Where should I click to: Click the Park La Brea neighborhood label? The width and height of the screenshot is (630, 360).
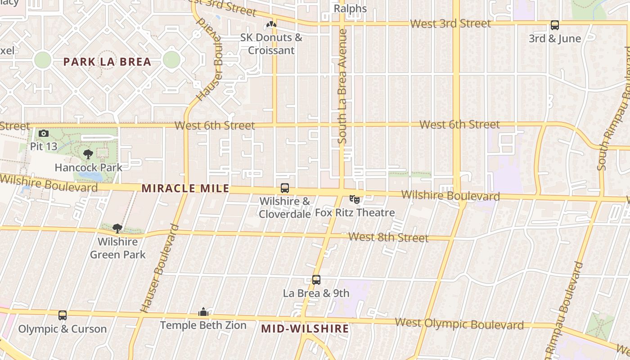tap(107, 62)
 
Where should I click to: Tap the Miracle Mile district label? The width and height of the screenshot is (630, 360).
tap(185, 189)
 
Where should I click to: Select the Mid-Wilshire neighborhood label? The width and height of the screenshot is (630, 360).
tap(305, 329)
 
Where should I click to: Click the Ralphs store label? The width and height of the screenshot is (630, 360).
tap(350, 9)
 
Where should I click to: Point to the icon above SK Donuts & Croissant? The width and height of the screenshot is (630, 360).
tap(271, 25)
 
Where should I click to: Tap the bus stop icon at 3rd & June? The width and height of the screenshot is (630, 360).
tap(555, 26)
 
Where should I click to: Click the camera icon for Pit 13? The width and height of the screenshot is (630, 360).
tap(44, 133)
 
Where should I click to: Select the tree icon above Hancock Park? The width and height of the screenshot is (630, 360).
tap(88, 154)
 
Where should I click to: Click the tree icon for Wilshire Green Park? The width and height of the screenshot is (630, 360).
tap(117, 229)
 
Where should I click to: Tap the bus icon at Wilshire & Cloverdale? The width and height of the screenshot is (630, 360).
tap(285, 188)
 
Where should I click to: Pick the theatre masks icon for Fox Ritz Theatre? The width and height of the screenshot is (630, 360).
tap(355, 199)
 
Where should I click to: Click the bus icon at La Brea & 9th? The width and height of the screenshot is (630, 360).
tap(316, 280)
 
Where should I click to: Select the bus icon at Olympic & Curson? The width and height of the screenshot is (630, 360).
tap(63, 315)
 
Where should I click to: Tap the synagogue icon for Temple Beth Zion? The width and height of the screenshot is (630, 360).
tap(203, 312)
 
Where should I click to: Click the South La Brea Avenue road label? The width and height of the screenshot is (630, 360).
tap(342, 86)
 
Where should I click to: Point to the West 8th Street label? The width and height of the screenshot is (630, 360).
tap(388, 237)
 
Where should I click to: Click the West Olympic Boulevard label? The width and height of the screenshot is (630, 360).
tap(459, 324)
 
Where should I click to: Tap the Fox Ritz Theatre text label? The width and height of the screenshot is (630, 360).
tap(355, 212)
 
